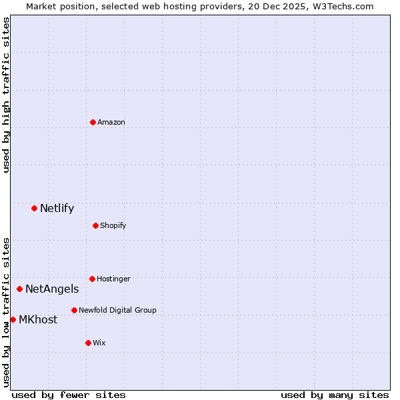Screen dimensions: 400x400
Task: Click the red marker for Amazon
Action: [x=93, y=122]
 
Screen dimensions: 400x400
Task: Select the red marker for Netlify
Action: [x=34, y=209]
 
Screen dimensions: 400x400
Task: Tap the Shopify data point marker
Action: [x=95, y=225]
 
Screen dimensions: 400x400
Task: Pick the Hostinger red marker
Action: [x=92, y=279]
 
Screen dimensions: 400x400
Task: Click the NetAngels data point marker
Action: [x=20, y=289]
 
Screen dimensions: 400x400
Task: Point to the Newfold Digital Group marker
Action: [x=74, y=310]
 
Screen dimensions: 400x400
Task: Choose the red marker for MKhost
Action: [x=13, y=319]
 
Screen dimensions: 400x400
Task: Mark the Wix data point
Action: [x=88, y=343]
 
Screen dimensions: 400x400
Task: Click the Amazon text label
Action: [x=111, y=122]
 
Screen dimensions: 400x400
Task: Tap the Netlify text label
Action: [x=57, y=209]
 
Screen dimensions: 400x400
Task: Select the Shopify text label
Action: [x=113, y=225]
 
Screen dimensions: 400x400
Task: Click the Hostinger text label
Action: [x=113, y=279]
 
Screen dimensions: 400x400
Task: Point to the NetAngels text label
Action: [x=52, y=289]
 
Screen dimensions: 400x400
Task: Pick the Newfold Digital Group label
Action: [x=117, y=310]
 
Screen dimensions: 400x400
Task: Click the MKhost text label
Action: [x=38, y=319]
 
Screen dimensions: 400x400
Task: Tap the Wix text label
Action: [x=99, y=343]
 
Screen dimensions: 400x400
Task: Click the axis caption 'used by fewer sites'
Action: [x=69, y=395]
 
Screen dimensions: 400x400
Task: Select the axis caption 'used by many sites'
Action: [x=335, y=395]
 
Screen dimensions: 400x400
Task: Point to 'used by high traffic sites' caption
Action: [x=6, y=95]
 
